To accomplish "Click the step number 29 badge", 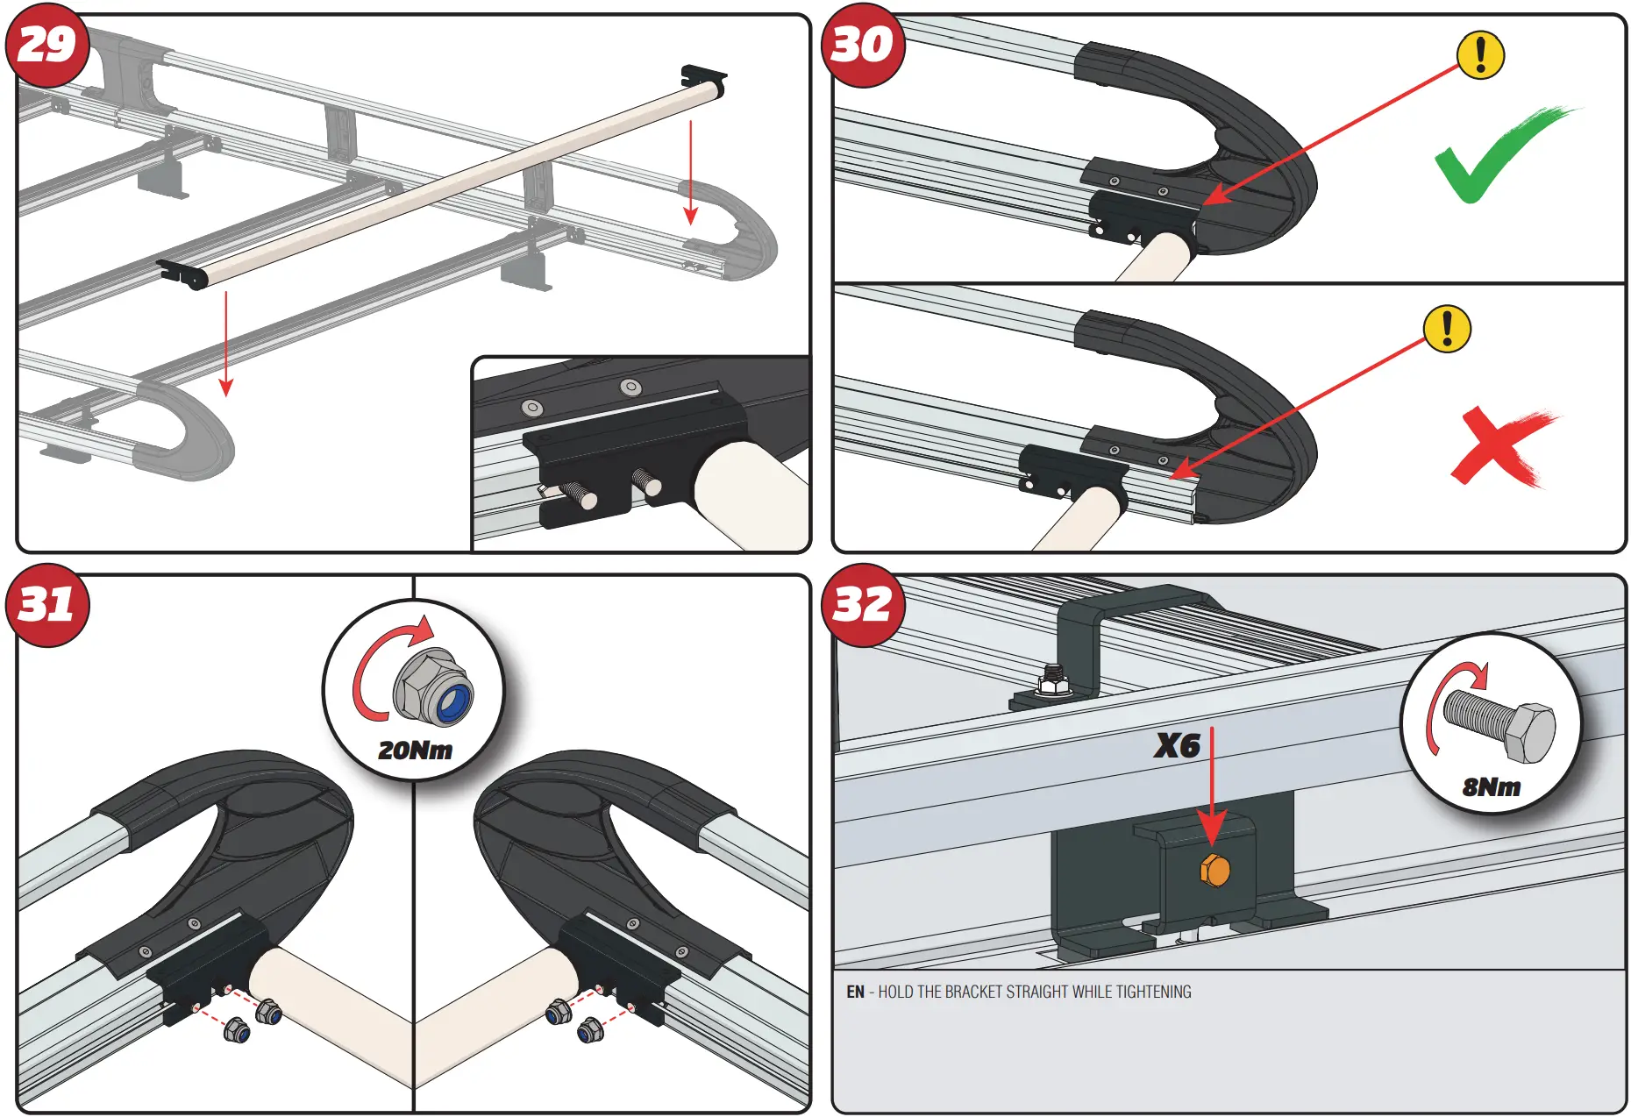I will (47, 45).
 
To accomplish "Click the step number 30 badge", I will (862, 45).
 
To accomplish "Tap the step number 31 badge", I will (47, 605).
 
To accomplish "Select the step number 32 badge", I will (862, 605).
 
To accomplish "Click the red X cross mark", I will (1501, 445).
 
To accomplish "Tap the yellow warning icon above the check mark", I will (1480, 55).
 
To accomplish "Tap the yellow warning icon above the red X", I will (1447, 329).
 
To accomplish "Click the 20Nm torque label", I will (415, 751).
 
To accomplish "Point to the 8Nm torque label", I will (1491, 787).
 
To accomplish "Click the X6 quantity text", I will (1176, 746).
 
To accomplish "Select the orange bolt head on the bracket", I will (1214, 871).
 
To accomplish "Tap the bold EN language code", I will (855, 992).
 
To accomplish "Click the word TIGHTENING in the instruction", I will (1154, 992).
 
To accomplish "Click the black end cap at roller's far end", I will (704, 78).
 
